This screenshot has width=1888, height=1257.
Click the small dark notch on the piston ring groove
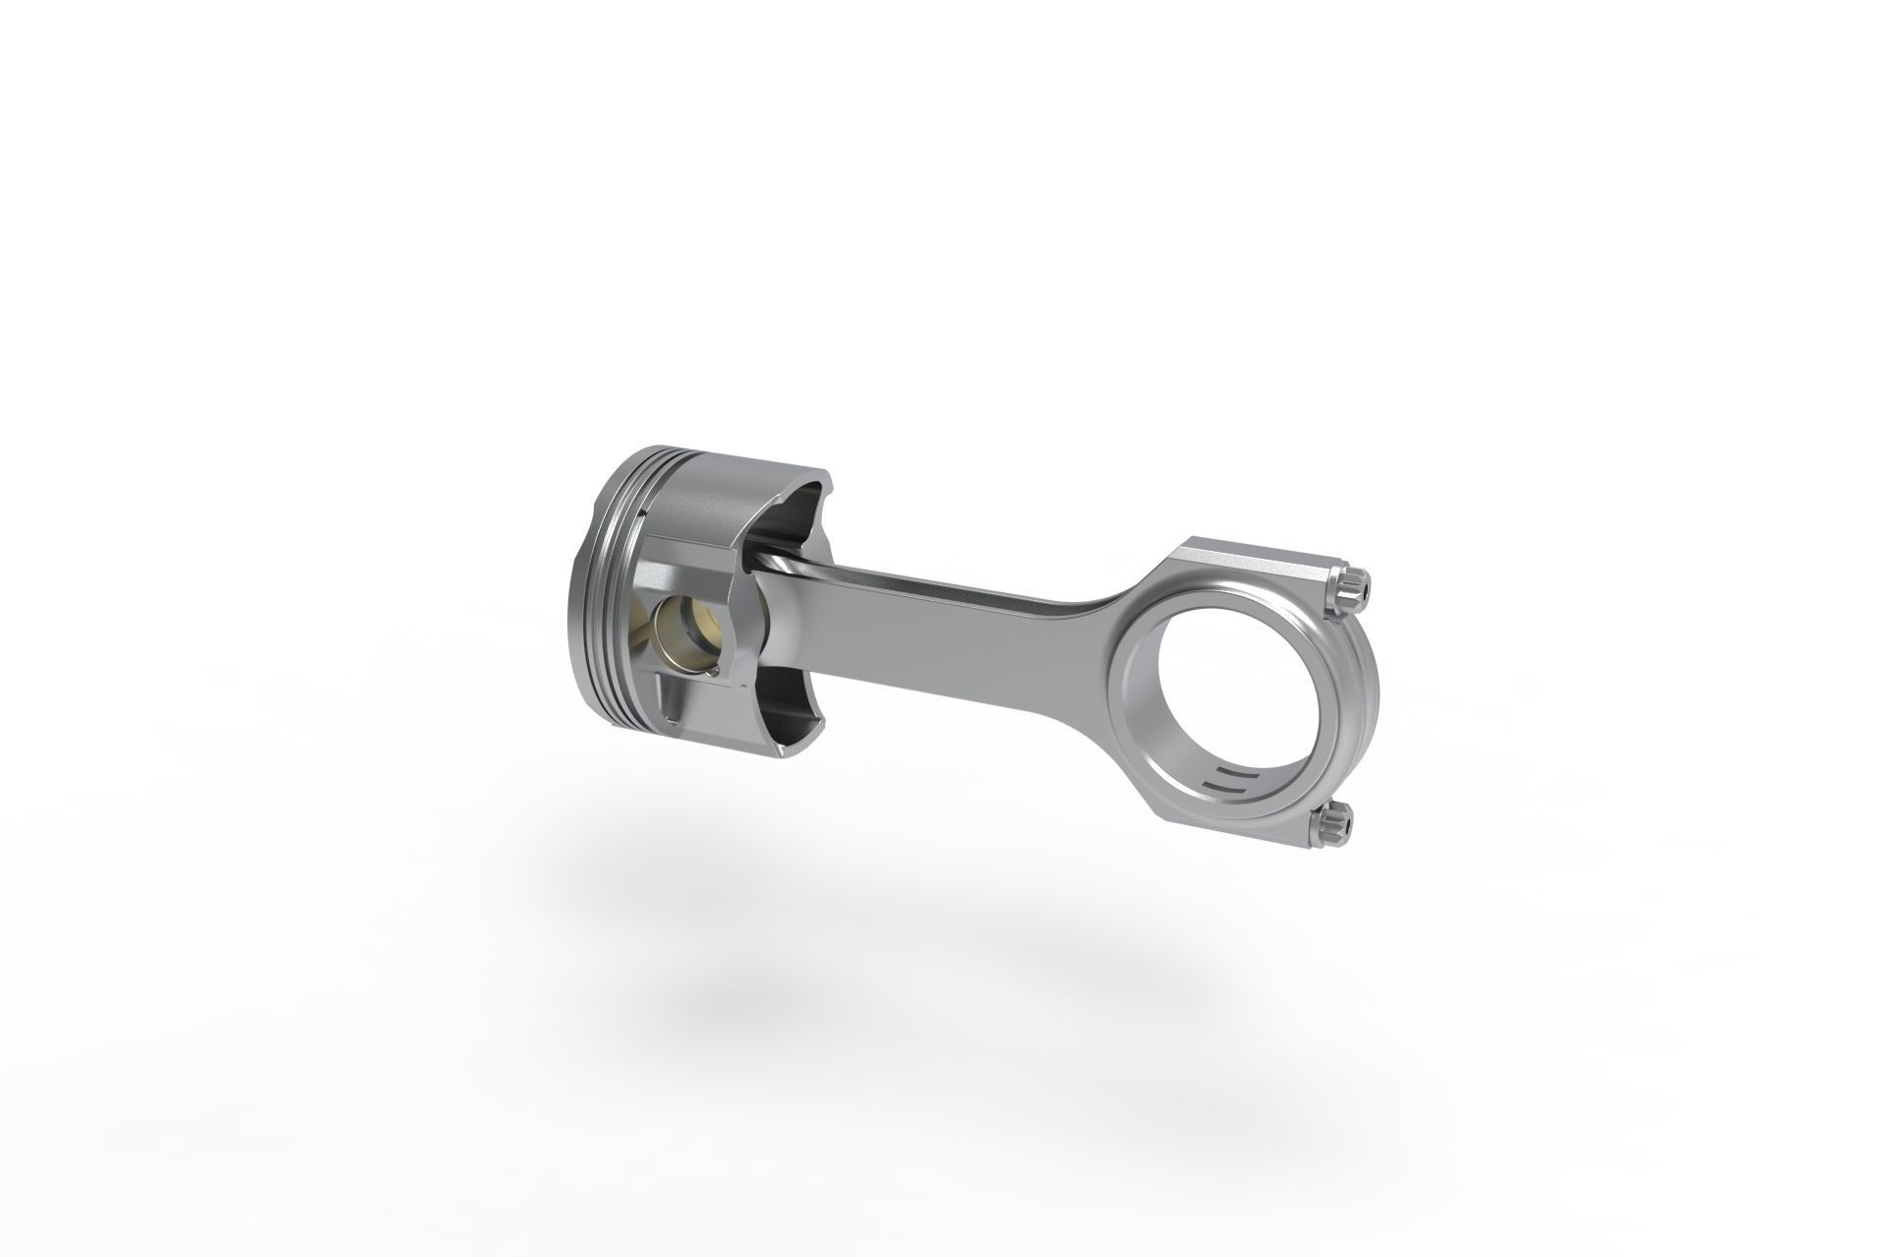[x=640, y=511]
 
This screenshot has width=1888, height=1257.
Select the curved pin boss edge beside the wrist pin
[x=733, y=629]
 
